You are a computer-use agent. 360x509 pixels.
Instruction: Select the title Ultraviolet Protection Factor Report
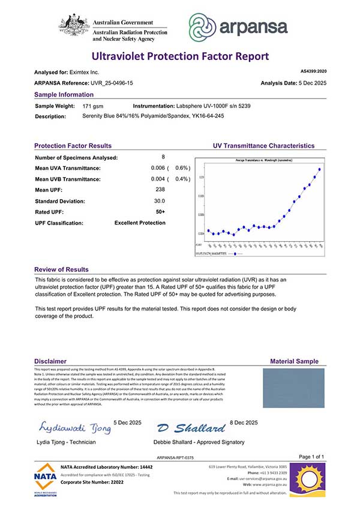pyautogui.click(x=180, y=56)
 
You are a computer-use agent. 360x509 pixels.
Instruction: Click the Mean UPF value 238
pyautogui.click(x=160, y=190)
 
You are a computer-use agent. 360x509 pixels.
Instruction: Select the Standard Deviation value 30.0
pyautogui.click(x=160, y=201)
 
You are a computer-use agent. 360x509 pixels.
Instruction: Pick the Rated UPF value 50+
pyautogui.click(x=160, y=212)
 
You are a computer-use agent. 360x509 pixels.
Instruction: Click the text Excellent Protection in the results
pyautogui.click(x=140, y=223)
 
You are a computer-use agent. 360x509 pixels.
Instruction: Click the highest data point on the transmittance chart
pyautogui.click(x=320, y=169)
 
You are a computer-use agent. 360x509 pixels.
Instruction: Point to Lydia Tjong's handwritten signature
pyautogui.click(x=75, y=427)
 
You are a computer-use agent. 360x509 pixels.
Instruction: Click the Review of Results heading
pyautogui.click(x=61, y=270)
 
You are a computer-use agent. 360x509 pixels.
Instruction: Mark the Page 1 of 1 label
pyautogui.click(x=311, y=457)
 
